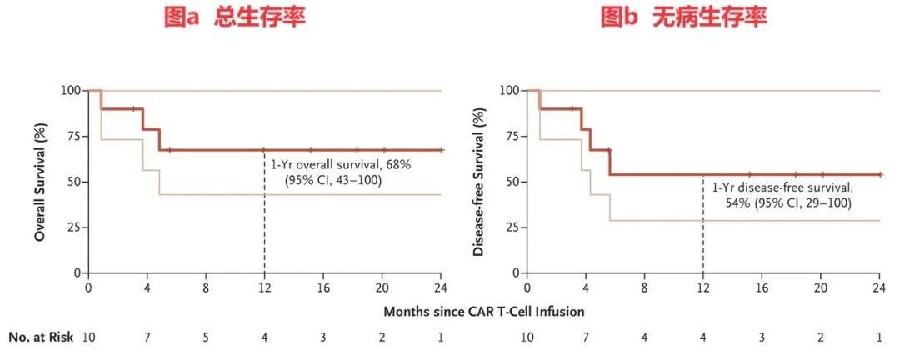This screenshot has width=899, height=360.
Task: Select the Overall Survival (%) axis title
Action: tap(39, 181)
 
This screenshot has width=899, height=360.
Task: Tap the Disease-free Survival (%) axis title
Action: tap(479, 181)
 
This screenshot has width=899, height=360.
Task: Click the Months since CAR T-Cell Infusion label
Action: tap(483, 311)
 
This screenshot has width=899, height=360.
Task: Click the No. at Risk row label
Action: tap(41, 337)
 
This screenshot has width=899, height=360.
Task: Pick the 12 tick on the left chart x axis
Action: tap(264, 287)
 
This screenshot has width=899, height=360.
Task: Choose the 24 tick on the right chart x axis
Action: tap(878, 287)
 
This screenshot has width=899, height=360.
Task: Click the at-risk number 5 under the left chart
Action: tap(206, 337)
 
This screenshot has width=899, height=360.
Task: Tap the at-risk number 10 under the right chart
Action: tap(527, 337)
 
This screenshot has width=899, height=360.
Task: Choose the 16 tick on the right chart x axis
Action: tap(762, 287)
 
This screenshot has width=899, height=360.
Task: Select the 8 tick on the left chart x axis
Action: tap(206, 287)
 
